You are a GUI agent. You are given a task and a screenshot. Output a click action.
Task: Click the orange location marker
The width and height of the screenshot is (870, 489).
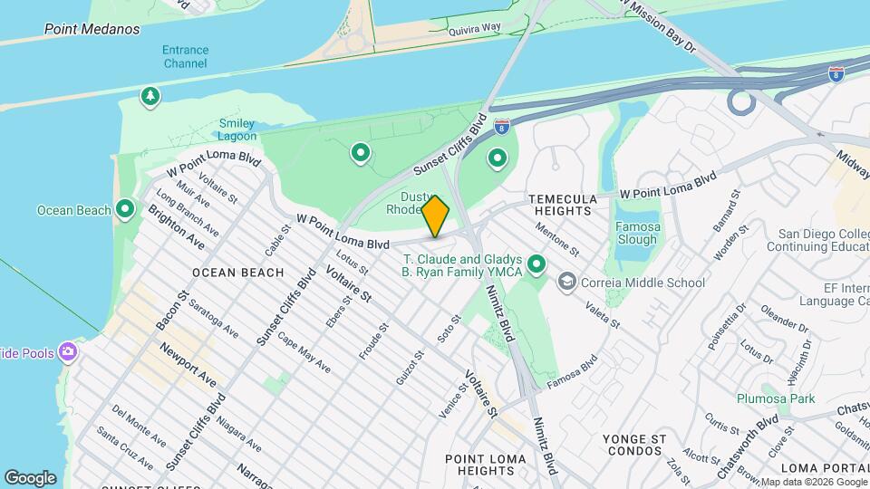(436, 216)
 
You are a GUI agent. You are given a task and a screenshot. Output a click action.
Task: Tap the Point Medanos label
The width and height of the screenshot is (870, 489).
(92, 29)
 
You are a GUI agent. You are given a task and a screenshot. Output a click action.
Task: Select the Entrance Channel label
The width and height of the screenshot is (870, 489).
(186, 56)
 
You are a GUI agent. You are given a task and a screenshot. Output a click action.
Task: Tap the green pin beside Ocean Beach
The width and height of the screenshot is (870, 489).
(126, 210)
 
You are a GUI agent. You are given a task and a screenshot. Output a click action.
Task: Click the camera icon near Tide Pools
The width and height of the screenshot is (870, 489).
(68, 351)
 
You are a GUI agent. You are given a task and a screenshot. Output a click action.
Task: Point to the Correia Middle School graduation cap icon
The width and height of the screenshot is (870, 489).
(567, 283)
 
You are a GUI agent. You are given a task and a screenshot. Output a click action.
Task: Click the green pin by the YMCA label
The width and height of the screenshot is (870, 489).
(536, 264)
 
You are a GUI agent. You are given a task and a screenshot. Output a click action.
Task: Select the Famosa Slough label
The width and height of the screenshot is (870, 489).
(636, 234)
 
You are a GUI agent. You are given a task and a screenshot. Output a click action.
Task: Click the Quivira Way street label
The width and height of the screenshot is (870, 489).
(478, 29)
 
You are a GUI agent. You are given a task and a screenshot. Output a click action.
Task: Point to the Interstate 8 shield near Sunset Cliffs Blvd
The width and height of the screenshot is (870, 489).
(501, 125)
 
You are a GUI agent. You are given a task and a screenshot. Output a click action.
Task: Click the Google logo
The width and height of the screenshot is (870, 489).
(30, 477)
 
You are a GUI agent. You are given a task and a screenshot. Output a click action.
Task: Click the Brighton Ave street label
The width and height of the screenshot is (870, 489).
(176, 229)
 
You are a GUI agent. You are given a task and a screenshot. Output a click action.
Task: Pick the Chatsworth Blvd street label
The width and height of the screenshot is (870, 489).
(747, 446)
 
